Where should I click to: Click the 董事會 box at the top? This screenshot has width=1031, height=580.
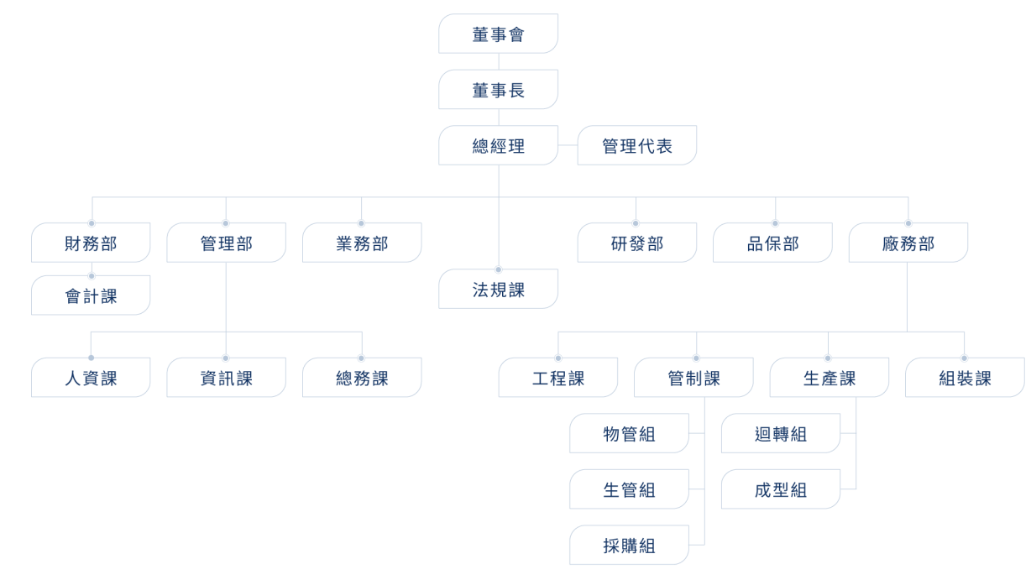click(x=499, y=34)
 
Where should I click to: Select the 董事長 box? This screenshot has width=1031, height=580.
click(x=499, y=89)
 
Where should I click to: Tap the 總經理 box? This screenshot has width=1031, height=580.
click(x=499, y=145)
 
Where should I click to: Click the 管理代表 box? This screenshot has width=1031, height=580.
click(x=637, y=145)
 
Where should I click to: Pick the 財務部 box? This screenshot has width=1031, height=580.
click(x=91, y=243)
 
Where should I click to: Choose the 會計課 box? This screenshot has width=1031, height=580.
click(x=91, y=295)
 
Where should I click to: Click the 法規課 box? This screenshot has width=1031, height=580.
click(x=499, y=289)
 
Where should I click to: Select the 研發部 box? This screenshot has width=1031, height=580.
click(x=637, y=243)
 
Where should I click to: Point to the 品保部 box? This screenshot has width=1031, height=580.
click(x=772, y=243)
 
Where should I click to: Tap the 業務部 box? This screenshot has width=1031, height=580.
click(x=362, y=243)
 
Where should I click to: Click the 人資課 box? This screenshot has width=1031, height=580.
click(x=91, y=378)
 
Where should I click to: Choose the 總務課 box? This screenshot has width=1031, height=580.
click(x=362, y=378)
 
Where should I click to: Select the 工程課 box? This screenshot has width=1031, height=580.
click(x=557, y=378)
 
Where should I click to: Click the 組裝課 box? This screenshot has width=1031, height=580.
click(x=966, y=378)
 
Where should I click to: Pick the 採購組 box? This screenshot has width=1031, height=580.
click(x=629, y=545)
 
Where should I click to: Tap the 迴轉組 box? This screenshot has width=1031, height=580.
click(x=781, y=433)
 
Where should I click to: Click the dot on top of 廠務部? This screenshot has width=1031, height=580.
click(x=908, y=223)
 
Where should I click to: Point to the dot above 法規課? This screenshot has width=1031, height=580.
click(x=499, y=269)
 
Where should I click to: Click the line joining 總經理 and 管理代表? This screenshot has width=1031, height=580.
click(x=568, y=145)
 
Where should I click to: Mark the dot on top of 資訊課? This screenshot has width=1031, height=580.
click(x=226, y=358)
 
